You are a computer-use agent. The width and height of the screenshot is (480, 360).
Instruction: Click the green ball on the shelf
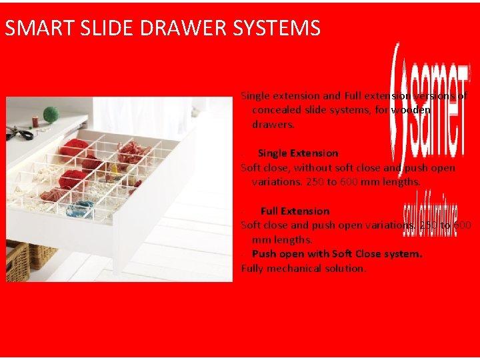point(51,115)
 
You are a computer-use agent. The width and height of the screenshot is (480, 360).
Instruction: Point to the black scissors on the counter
point(18,132)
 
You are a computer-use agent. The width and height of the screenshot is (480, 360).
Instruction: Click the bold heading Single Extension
point(297,153)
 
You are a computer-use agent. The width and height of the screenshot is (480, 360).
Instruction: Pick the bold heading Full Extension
point(295,211)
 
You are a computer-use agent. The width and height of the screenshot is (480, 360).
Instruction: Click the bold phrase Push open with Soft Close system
point(337,254)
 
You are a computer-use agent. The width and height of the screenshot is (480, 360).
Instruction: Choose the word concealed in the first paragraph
point(275,110)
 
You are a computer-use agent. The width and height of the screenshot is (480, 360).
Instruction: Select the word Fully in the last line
point(253,269)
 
